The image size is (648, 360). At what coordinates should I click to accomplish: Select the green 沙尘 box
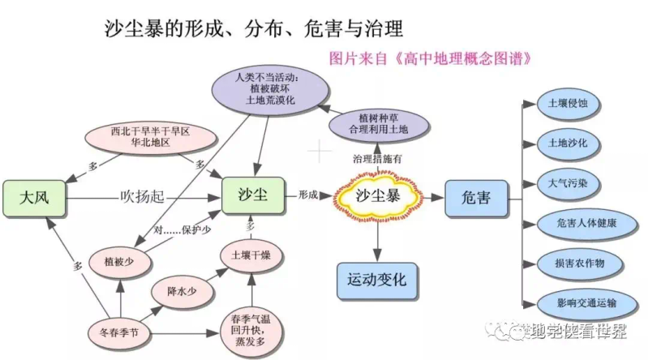(253, 196)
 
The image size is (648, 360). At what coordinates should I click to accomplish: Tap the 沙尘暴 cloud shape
(379, 197)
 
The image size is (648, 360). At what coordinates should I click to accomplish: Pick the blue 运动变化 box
(376, 281)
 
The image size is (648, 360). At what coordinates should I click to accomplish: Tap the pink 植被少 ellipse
(118, 261)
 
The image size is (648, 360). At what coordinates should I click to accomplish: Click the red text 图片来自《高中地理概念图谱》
(431, 58)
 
